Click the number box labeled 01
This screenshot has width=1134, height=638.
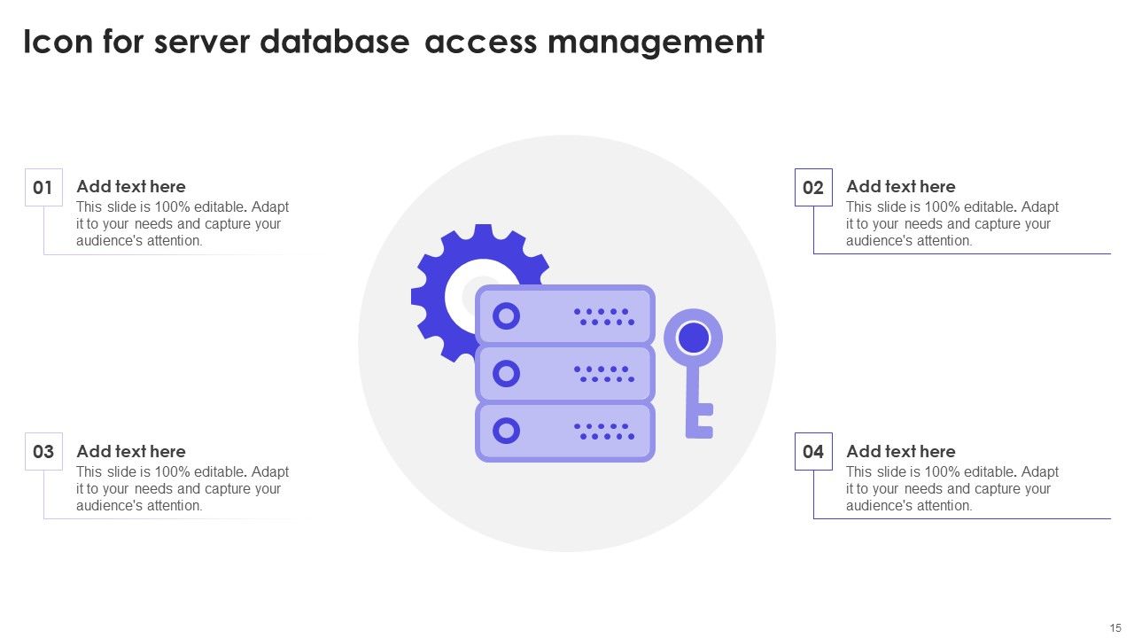pyautogui.click(x=43, y=187)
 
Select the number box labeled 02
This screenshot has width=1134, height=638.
pyautogui.click(x=813, y=187)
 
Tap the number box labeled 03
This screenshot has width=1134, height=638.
pyautogui.click(x=43, y=452)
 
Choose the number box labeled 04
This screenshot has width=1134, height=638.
pyautogui.click(x=813, y=452)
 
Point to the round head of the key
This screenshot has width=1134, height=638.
pyautogui.click(x=693, y=338)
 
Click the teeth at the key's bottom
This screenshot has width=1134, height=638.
pyautogui.click(x=703, y=421)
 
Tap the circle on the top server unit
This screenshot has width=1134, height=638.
pyautogui.click(x=506, y=315)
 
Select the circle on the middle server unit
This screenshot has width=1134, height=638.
pyautogui.click(x=506, y=374)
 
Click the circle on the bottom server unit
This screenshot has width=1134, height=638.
pyautogui.click(x=506, y=432)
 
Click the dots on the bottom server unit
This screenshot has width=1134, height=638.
pyautogui.click(x=604, y=432)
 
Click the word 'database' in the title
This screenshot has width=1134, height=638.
pyautogui.click(x=335, y=42)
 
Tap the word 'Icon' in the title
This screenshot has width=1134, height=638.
pyautogui.click(x=58, y=42)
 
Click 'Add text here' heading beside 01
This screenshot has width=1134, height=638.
pyautogui.click(x=131, y=186)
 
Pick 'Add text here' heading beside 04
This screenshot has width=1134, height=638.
pyautogui.click(x=900, y=451)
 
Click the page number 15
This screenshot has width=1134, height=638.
pyautogui.click(x=1115, y=627)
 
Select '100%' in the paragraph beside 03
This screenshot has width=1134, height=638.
pyautogui.click(x=170, y=471)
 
